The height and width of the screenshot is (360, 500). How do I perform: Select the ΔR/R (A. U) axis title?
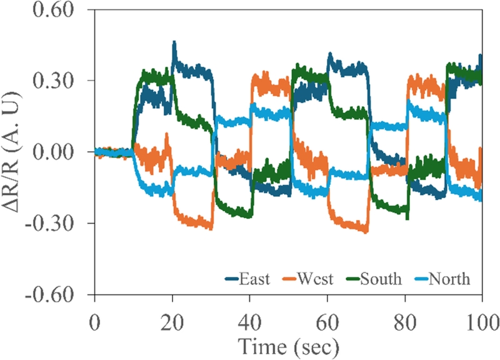click(x=13, y=152)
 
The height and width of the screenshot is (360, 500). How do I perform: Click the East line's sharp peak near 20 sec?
click(x=174, y=42)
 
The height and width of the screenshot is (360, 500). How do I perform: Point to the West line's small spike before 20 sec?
click(x=167, y=134)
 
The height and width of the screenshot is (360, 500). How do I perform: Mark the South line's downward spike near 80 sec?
click(x=407, y=219)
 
